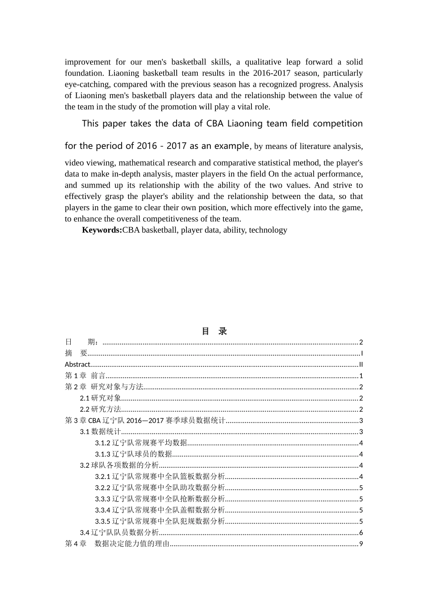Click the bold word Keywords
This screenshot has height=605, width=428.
(x=102, y=230)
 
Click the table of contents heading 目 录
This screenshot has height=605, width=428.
(x=214, y=331)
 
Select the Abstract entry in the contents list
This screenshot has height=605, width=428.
(x=77, y=365)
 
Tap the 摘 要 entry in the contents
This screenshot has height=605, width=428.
(x=76, y=353)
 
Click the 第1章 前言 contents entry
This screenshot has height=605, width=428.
(x=85, y=376)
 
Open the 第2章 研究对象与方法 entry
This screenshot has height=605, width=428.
(x=104, y=387)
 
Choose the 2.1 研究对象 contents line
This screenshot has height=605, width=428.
(x=100, y=398)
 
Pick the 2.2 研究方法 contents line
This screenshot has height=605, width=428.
(x=100, y=409)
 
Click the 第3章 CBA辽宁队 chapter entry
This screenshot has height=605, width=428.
(x=145, y=420)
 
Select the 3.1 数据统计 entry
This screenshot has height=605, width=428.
(x=100, y=432)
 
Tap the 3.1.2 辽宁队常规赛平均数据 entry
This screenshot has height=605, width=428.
(x=141, y=443)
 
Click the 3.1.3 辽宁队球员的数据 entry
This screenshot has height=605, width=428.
(x=133, y=454)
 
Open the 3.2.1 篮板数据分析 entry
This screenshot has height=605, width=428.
(x=159, y=477)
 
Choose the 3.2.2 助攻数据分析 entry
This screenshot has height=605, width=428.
(x=159, y=488)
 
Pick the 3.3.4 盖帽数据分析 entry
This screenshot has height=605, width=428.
(x=159, y=510)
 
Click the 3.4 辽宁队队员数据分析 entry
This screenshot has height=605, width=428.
(x=119, y=533)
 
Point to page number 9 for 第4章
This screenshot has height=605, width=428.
(x=361, y=544)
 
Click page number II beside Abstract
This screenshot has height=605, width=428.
(x=361, y=365)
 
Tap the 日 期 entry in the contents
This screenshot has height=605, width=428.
(x=83, y=342)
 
